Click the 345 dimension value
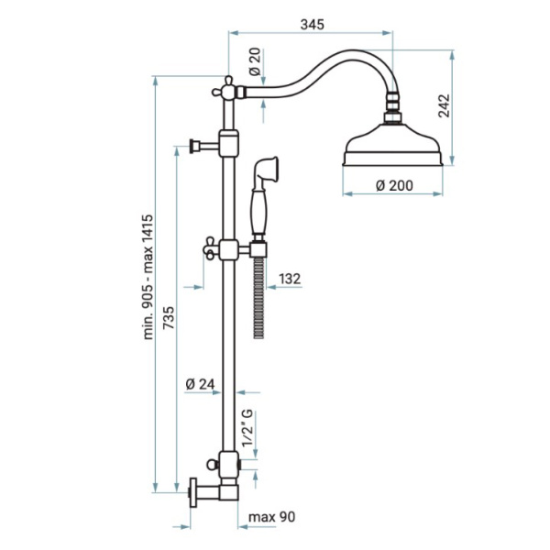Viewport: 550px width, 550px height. pyautogui.click(x=313, y=25)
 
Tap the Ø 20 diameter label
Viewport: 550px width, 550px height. pyautogui.click(x=255, y=61)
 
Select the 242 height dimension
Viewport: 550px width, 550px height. pyautogui.click(x=444, y=105)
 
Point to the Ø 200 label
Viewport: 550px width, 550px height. pyautogui.click(x=394, y=185)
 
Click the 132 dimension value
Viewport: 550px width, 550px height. pyautogui.click(x=290, y=279)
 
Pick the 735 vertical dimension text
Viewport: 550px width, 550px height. pyautogui.click(x=169, y=317)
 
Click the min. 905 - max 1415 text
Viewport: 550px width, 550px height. pyautogui.click(x=148, y=277)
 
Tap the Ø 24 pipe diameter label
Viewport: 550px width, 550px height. pyautogui.click(x=200, y=384)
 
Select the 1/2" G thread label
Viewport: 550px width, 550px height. pyautogui.click(x=247, y=428)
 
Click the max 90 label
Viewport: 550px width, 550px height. pyautogui.click(x=272, y=517)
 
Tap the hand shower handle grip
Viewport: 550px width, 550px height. pyautogui.click(x=259, y=211)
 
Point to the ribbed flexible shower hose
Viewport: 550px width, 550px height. pyautogui.click(x=258, y=298)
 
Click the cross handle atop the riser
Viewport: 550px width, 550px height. pyautogui.click(x=225, y=88)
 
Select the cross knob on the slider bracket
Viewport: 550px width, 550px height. pyautogui.click(x=210, y=248)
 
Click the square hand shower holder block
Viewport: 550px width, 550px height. pyautogui.click(x=258, y=249)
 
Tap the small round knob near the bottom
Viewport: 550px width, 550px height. pyautogui.click(x=212, y=465)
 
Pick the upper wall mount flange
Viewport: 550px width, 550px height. pyautogui.click(x=193, y=146)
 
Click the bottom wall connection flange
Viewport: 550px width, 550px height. pyautogui.click(x=192, y=491)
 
